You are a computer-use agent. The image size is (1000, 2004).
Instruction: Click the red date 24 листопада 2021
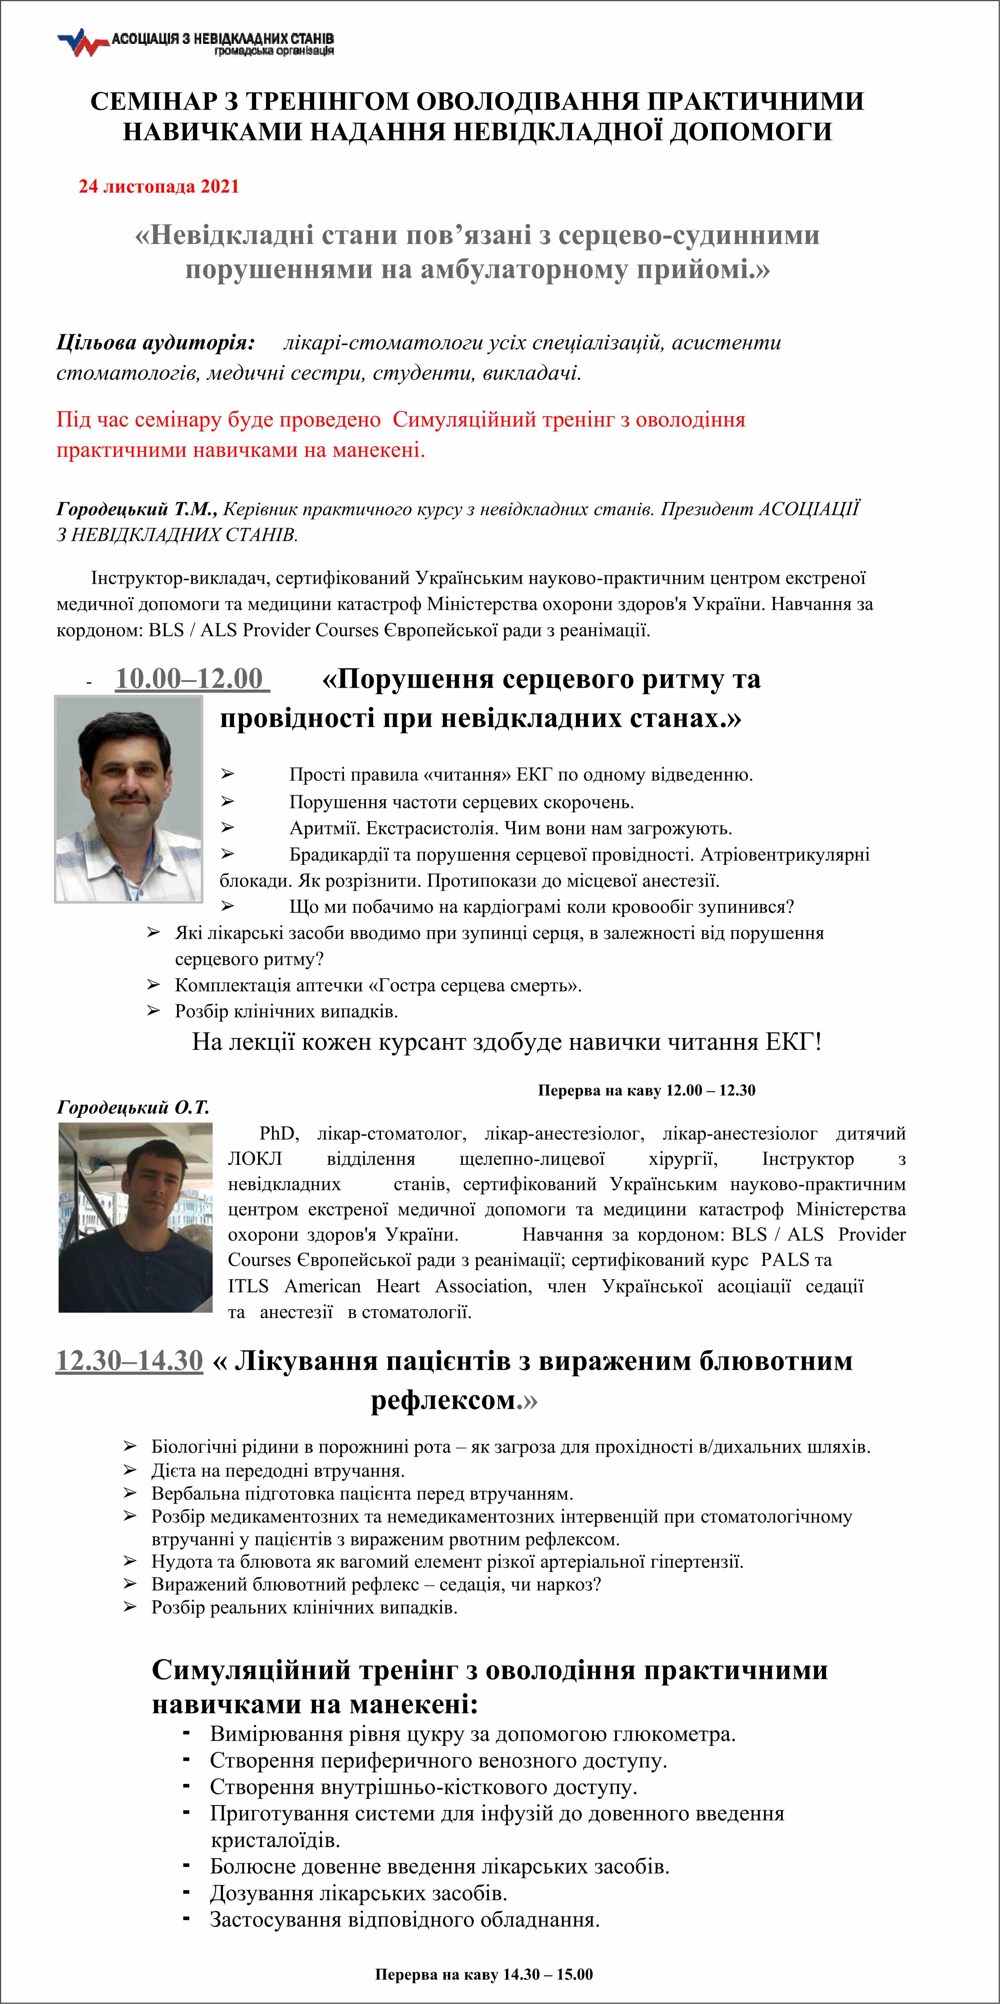click(x=159, y=187)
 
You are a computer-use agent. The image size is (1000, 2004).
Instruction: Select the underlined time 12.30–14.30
click(x=129, y=1361)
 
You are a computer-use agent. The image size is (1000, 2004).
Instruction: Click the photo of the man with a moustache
click(x=128, y=799)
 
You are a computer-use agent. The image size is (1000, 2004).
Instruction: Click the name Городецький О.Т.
click(x=133, y=1108)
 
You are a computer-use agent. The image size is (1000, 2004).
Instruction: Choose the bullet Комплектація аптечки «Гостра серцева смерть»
click(x=377, y=986)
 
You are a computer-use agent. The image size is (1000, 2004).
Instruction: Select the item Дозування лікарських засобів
click(x=358, y=1893)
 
